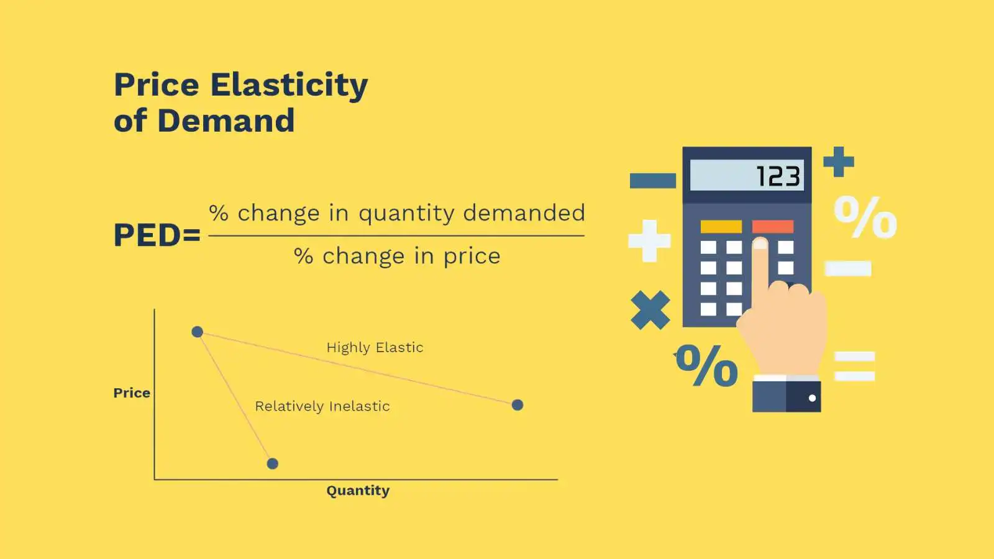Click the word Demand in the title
[226, 120]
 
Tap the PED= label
[157, 235]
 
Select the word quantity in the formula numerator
[407, 214]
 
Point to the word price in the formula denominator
[472, 257]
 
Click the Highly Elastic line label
[375, 347]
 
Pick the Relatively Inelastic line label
[322, 406]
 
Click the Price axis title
[132, 393]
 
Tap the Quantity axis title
[358, 491]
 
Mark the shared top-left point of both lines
[198, 332]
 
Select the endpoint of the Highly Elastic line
[518, 405]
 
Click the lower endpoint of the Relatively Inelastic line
[273, 463]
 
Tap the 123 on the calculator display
[779, 176]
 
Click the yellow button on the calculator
[721, 227]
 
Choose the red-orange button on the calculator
[773, 227]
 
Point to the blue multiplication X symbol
[650, 310]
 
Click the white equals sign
[855, 366]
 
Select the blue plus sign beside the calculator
[839, 162]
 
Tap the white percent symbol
[865, 217]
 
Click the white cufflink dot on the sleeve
[813, 398]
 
